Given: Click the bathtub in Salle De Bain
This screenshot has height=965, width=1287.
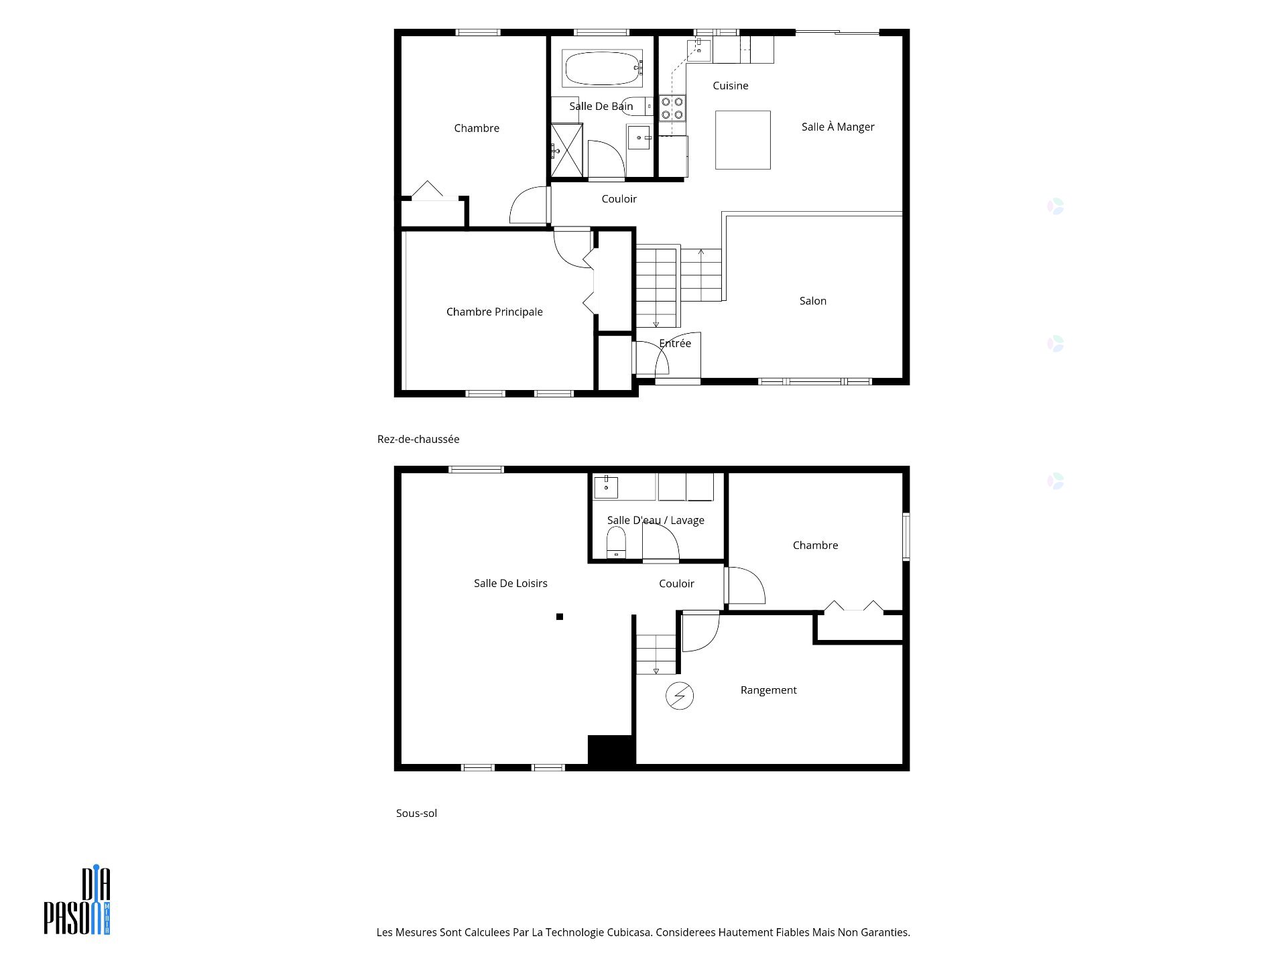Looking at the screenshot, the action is point(602,68).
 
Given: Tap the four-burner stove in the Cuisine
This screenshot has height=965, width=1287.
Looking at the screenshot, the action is point(672,109).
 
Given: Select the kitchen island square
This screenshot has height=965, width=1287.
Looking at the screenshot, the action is point(743,140).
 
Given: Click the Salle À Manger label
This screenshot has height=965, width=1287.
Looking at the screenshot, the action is point(838,127).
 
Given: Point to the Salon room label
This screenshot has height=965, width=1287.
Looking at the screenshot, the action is point(813,301).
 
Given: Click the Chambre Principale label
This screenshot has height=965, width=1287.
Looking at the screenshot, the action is point(495,312).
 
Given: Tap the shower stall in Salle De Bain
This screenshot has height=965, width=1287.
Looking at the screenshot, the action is point(567,150).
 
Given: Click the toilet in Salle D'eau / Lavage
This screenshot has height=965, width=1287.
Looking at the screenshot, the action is point(616,542).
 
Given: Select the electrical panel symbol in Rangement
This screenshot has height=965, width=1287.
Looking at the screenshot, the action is point(680,696).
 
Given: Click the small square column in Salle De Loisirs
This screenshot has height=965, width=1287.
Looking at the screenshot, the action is point(560,617).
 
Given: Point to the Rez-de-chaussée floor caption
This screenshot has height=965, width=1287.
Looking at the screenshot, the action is point(418,439).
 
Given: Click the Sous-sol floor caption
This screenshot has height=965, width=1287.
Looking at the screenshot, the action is point(416,813).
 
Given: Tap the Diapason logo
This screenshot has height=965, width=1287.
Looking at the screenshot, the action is point(77,901).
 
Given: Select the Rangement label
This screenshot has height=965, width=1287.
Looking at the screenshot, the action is point(769,690).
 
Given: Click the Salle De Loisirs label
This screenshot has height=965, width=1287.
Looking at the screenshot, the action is point(511,583).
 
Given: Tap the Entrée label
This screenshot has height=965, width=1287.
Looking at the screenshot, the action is point(675,343).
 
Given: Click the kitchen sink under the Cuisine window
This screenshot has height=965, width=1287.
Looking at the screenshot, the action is point(699,50).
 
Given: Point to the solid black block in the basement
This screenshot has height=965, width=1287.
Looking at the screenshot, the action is point(611,750).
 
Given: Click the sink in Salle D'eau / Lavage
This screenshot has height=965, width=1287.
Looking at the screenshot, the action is point(606,487).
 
